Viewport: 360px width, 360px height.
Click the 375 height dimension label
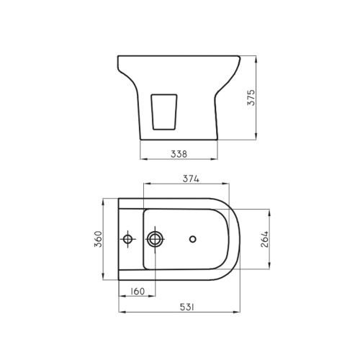coord(251,97)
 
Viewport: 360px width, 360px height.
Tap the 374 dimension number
coord(190,178)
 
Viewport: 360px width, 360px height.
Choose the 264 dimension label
coord(264,238)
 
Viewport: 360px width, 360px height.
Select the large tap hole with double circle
coord(155,238)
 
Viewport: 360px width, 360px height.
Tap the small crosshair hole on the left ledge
coord(127,238)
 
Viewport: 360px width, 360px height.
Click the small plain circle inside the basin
coord(192,238)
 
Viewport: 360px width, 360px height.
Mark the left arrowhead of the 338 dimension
coord(142,158)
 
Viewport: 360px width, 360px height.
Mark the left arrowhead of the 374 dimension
coord(146,184)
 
